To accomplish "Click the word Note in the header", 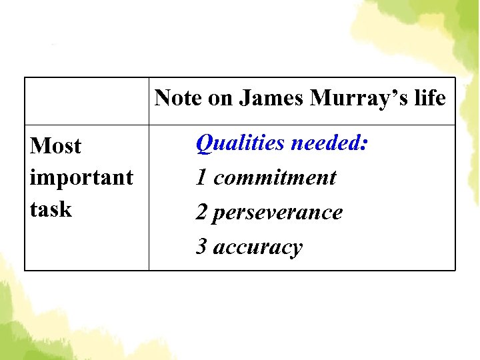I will [178, 99].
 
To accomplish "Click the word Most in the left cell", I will [55, 146].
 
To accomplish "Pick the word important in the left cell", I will [81, 178].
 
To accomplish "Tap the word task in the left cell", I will [51, 209].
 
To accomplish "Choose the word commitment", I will [275, 177].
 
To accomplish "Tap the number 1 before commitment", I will [201, 177].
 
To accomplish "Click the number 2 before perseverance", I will [201, 212].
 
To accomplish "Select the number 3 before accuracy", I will [201, 247].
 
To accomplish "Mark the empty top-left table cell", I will [87, 101].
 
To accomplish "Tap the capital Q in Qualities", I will [205, 143].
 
